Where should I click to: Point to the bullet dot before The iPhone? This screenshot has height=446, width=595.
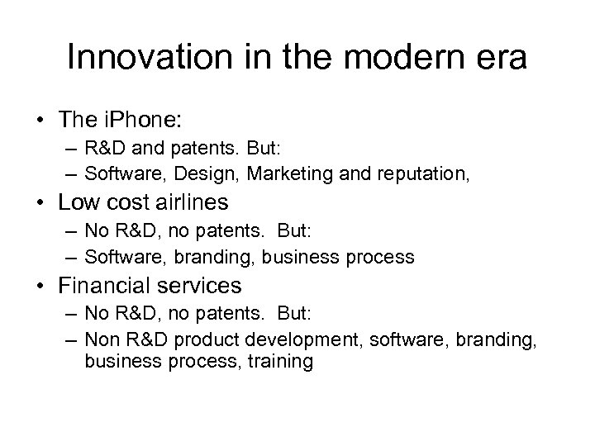(x=40, y=121)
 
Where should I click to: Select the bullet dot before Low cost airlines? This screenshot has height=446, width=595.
(x=40, y=203)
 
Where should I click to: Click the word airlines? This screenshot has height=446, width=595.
(x=198, y=203)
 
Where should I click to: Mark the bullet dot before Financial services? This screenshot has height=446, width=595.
(x=40, y=286)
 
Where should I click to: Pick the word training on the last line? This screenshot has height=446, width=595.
(x=278, y=361)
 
